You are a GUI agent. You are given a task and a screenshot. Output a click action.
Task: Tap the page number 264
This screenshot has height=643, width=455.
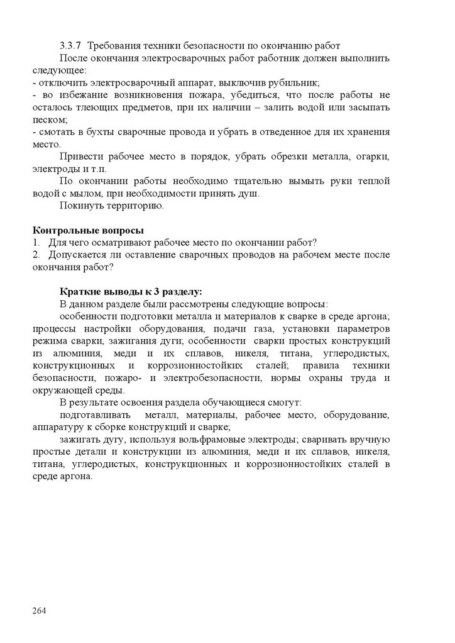(40, 610)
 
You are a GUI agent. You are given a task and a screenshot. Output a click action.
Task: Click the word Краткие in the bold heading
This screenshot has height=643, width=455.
(79, 291)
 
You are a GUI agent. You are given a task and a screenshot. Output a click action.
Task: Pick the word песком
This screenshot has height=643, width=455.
(48, 119)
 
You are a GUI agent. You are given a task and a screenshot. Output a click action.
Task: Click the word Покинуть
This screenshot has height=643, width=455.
(80, 205)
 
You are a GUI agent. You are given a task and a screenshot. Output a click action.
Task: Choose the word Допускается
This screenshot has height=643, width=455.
(76, 254)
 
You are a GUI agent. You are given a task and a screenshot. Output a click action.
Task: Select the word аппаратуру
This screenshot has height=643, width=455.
(59, 426)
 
